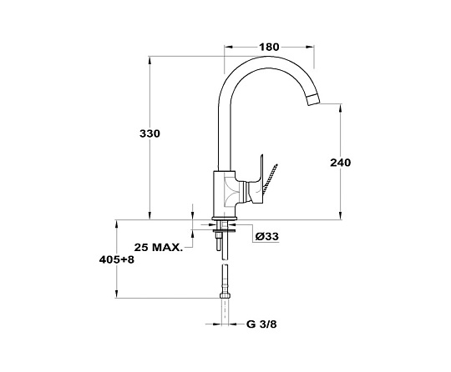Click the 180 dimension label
269,47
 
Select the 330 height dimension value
149,133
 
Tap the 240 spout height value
341,163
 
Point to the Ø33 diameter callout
267,236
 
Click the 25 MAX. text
159,248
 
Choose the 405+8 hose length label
117,260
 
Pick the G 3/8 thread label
261,324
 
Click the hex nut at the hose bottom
225,295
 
